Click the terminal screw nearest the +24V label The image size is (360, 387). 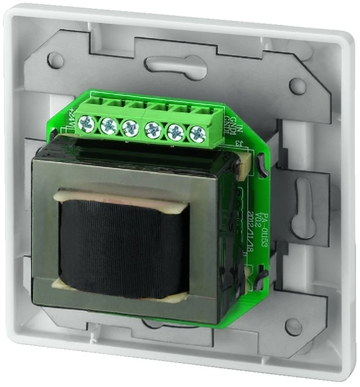86,123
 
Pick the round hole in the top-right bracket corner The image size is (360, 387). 298,86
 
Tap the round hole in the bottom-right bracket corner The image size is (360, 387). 293,326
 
